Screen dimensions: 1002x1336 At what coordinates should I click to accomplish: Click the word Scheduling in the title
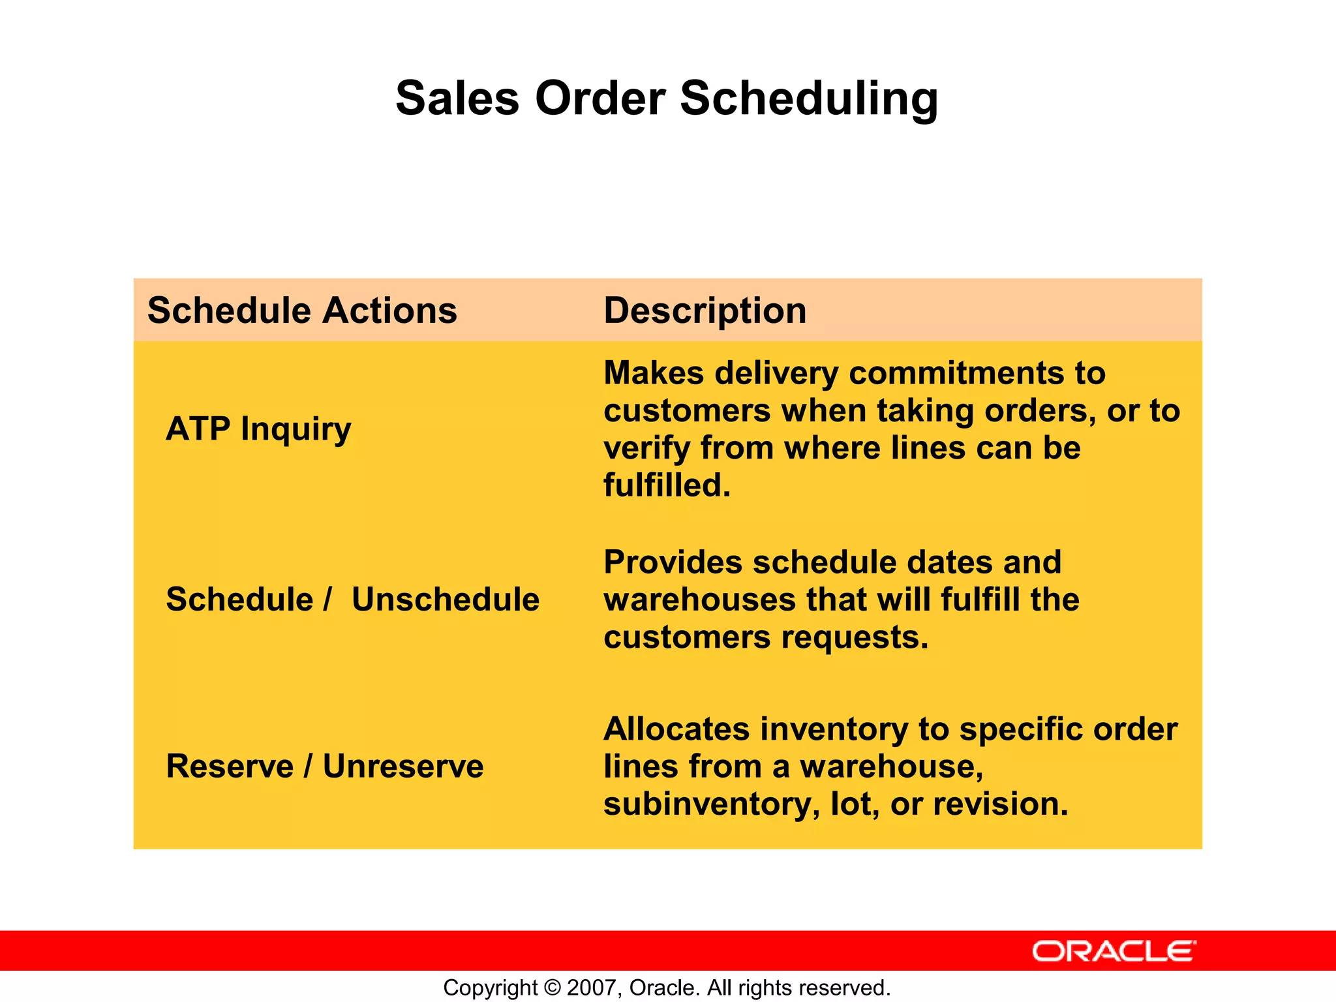[x=809, y=99]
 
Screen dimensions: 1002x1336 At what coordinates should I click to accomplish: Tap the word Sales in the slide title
[x=457, y=99]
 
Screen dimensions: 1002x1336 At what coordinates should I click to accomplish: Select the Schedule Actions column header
[x=302, y=311]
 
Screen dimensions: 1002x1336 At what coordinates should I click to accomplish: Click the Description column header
[x=705, y=311]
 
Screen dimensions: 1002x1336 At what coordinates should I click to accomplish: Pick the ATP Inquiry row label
[x=258, y=429]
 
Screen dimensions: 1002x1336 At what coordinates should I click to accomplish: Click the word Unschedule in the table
[x=446, y=600]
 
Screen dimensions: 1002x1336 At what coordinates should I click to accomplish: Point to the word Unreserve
[x=403, y=767]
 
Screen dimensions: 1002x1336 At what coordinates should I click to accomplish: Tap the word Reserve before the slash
[x=230, y=767]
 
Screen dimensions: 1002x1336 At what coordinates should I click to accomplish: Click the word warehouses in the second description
[x=698, y=600]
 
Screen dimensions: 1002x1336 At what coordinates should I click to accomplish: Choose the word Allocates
[x=676, y=729]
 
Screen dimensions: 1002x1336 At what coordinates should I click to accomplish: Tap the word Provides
[x=672, y=562]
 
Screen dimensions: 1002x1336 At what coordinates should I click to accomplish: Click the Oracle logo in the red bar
[x=1114, y=951]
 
